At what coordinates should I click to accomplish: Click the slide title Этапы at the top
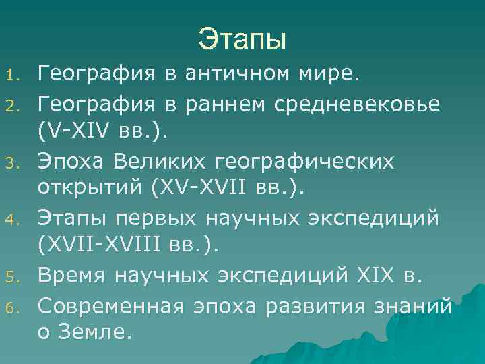[x=243, y=39]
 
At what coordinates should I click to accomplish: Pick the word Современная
[x=110, y=307]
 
